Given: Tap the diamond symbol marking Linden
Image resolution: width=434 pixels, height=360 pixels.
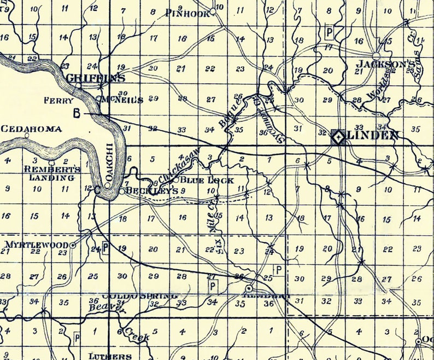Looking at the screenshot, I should click(337, 137).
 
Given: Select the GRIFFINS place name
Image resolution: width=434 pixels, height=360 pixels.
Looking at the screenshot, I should click(92, 78).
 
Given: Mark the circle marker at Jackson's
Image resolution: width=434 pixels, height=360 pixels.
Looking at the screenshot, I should click(376, 56).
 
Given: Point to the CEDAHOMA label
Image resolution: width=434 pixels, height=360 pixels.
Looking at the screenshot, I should click(31, 129).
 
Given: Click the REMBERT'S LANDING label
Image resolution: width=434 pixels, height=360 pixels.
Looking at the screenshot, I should click(52, 173).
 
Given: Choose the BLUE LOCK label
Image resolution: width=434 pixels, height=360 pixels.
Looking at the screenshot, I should click(207, 180).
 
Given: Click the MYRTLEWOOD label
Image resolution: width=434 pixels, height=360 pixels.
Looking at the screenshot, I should click(36, 244).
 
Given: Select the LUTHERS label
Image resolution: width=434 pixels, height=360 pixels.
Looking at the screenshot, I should click(110, 356).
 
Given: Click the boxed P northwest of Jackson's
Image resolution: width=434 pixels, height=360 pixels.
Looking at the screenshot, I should click(329, 32).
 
